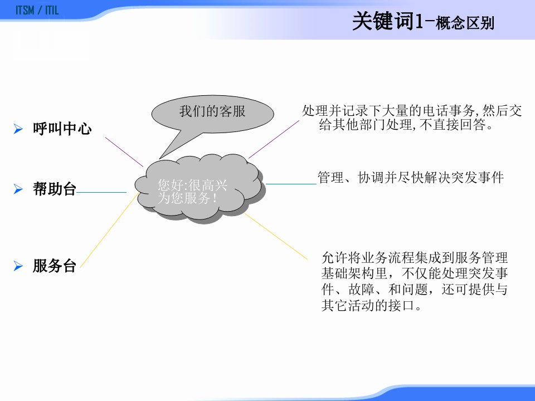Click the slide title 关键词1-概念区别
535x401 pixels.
(x=424, y=23)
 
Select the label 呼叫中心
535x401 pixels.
(x=62, y=129)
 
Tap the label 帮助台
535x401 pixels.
(x=54, y=189)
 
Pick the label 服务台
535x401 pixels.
(x=54, y=266)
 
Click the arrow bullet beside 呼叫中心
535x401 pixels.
(x=18, y=130)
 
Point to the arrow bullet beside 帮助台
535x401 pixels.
(x=18, y=190)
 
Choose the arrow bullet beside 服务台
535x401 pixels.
(x=18, y=267)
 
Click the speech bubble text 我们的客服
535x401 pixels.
(x=212, y=111)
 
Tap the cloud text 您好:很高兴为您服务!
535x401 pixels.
(x=192, y=191)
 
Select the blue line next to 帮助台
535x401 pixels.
(x=101, y=193)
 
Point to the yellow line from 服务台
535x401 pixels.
(x=108, y=229)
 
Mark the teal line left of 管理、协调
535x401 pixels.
(x=291, y=183)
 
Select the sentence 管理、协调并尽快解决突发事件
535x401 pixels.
(x=410, y=178)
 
